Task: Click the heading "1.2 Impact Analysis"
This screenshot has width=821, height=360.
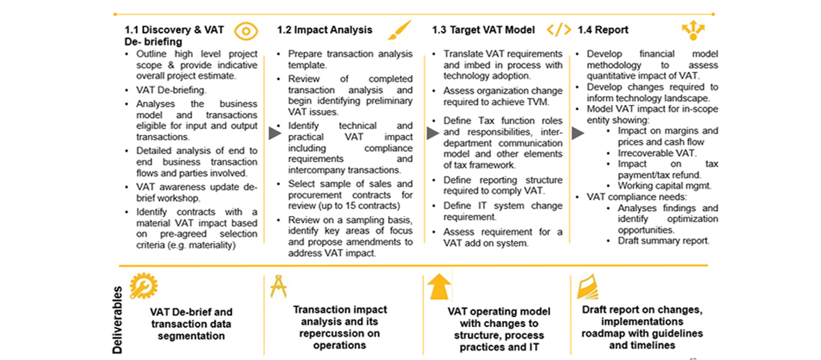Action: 325,30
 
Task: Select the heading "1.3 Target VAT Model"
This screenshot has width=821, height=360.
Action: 483,30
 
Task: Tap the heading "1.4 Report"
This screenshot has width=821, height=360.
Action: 603,30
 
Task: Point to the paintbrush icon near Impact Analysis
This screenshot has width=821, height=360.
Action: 400,30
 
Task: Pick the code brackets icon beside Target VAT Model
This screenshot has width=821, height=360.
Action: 559,30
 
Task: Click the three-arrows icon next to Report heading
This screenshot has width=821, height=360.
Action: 694,31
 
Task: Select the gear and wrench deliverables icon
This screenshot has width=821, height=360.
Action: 143,286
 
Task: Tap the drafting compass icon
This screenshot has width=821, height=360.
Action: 278,287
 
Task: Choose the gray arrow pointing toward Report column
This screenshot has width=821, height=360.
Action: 578,133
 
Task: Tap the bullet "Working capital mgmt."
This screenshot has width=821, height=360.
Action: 660,186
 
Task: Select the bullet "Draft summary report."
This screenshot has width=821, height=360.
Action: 663,240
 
